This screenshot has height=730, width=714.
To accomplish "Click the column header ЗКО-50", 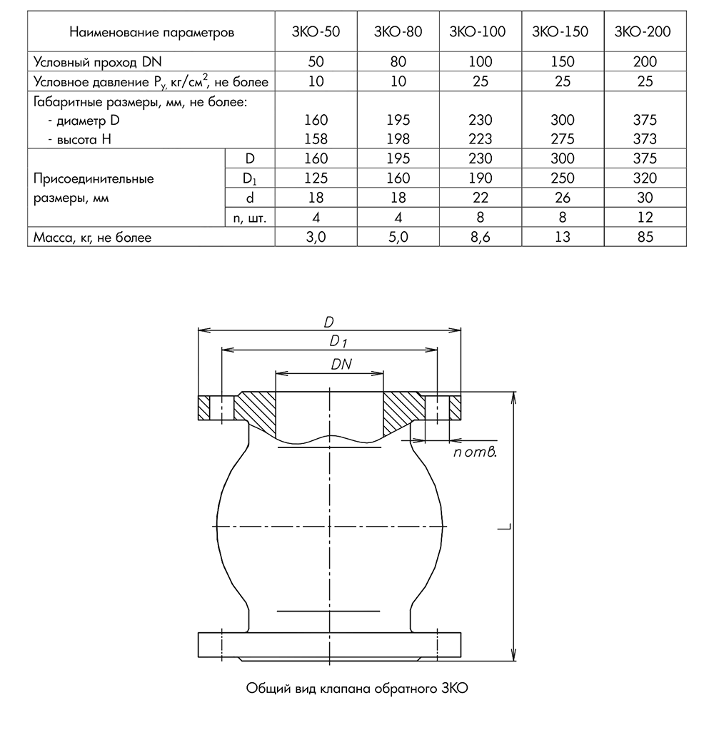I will pos(316,32).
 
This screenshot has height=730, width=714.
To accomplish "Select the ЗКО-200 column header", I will pos(645,32).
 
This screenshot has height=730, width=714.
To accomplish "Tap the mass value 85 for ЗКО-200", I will pos(645,237).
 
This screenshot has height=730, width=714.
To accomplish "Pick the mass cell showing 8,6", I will pos(481,237).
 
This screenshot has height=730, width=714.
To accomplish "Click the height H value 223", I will pos(481,140).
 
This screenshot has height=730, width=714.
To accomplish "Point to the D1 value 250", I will pos(563,178).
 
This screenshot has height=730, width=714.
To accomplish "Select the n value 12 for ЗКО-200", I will pos(645,218).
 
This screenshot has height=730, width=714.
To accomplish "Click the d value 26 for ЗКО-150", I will pos(563,198).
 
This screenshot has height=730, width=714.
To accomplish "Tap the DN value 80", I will pos(398,62).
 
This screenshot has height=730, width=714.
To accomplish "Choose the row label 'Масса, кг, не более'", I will pos(93,237).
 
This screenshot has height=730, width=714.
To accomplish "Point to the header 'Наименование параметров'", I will pos(152,32).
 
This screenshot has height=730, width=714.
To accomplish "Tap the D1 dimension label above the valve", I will pos(338,342).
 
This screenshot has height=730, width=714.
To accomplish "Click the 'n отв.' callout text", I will pos(474,452).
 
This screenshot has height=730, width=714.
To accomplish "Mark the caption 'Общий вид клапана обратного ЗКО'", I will pos(356,689).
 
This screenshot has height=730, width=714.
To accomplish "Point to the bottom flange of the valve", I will pos(330,644).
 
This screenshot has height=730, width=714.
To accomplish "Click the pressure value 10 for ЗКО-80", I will pos(398,82).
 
